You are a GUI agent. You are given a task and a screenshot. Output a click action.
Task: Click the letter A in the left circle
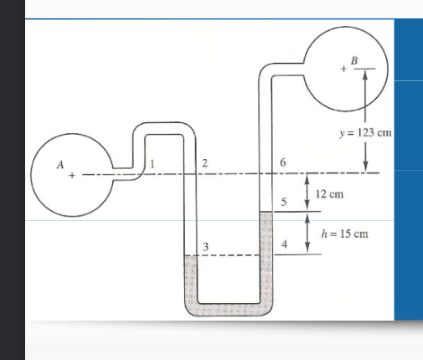tap(60, 165)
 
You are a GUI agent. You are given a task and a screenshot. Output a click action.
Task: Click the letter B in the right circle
tap(354, 60)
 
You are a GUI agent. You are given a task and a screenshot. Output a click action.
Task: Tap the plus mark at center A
tap(72, 175)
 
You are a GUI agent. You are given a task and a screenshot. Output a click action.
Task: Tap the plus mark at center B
tap(343, 69)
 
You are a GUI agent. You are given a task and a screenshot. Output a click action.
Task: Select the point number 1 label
tap(152, 164)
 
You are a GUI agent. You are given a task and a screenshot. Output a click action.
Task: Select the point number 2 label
tap(204, 163)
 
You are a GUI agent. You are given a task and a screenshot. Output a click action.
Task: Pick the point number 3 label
tap(205, 247)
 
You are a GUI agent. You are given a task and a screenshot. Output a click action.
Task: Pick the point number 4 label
tap(285, 244)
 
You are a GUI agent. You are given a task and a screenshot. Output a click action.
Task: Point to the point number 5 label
tap(284, 202)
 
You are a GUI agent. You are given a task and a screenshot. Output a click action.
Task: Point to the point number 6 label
tap(283, 162)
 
